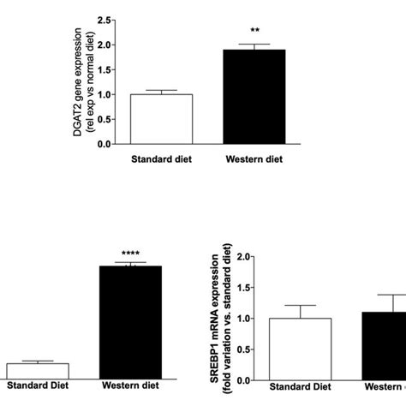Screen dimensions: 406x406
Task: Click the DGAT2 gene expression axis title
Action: [81, 81]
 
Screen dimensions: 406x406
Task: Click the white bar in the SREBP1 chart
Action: [301, 349]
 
